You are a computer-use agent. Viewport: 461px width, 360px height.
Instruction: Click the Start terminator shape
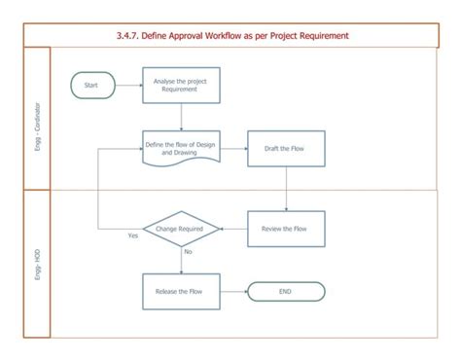(x=92, y=86)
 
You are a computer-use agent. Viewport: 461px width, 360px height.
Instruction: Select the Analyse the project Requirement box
(x=181, y=86)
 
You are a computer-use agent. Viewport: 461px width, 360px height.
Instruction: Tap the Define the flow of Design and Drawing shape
(x=181, y=148)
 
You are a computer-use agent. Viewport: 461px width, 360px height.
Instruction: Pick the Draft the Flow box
(x=286, y=148)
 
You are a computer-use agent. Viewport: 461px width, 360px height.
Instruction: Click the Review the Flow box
(x=286, y=229)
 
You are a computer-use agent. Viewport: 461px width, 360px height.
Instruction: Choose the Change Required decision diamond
(x=181, y=229)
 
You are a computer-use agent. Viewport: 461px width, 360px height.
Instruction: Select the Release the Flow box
(x=181, y=290)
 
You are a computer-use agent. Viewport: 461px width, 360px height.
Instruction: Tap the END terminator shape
(x=286, y=290)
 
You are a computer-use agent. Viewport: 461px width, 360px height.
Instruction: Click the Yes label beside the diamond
(x=133, y=236)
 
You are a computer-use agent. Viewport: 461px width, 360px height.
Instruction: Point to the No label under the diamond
(x=189, y=252)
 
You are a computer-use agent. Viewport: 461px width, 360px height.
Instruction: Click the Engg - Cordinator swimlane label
(x=36, y=117)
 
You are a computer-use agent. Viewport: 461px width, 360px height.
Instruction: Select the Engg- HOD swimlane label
(x=36, y=265)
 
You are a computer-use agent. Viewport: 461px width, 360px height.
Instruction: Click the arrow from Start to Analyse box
(x=128, y=86)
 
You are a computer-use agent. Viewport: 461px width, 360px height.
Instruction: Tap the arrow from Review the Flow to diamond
(x=233, y=229)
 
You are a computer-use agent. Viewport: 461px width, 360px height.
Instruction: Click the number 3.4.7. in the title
(x=129, y=36)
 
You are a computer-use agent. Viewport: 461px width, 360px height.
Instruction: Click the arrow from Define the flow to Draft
(x=233, y=148)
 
